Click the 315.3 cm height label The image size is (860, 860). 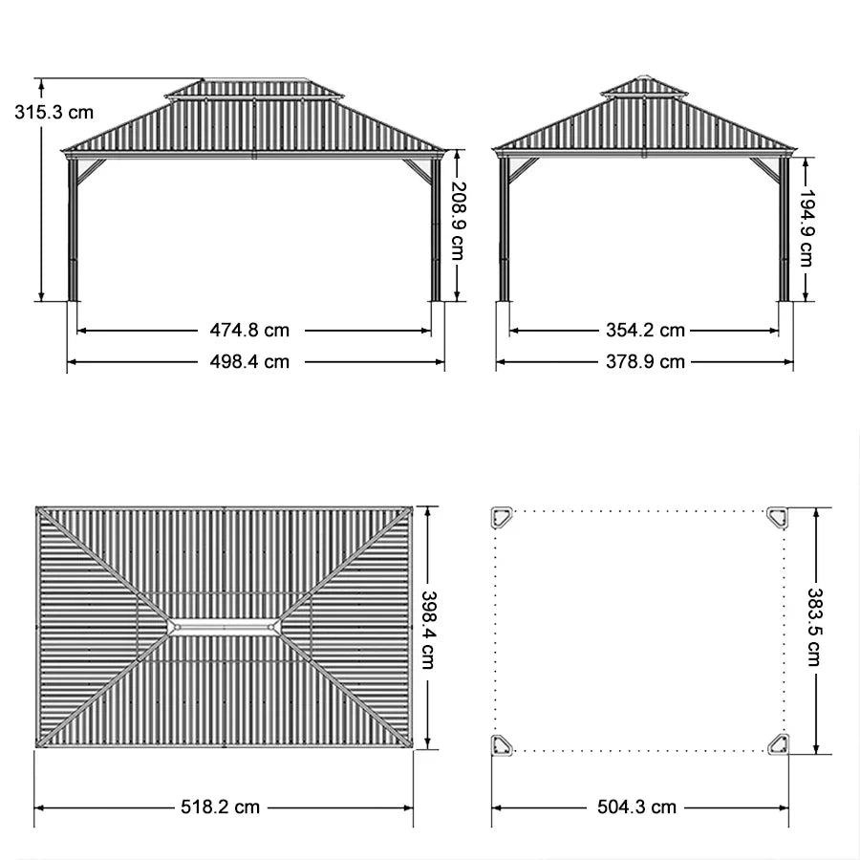[x=54, y=112]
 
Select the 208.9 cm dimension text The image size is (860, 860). [x=458, y=220]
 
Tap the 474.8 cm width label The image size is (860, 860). [x=249, y=331]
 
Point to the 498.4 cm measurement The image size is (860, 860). [x=249, y=362]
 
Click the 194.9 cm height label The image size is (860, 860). [x=806, y=227]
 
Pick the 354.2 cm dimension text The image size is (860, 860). [x=645, y=331]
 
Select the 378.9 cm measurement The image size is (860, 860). [x=645, y=362]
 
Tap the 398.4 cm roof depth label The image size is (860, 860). [x=429, y=629]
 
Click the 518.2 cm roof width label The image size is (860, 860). [x=221, y=807]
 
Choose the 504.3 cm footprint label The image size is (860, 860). [x=636, y=807]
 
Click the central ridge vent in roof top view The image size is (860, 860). [x=225, y=627]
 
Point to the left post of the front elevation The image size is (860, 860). [x=73, y=229]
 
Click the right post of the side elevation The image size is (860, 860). [x=784, y=229]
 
